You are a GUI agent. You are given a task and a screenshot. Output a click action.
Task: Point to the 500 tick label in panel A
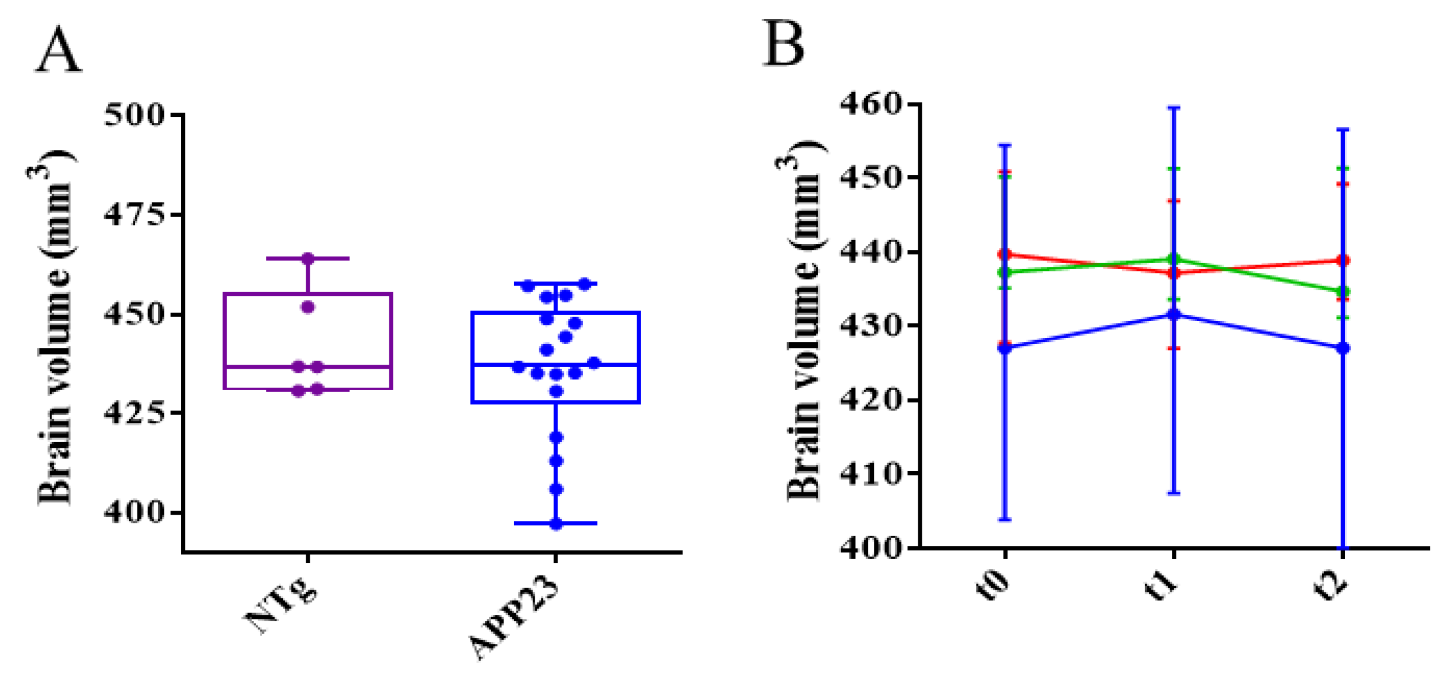(135, 115)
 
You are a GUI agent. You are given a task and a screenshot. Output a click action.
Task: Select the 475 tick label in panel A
(135, 215)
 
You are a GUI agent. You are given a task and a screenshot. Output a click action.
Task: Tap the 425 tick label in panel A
(135, 413)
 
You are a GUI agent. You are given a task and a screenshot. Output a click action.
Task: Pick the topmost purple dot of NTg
(308, 259)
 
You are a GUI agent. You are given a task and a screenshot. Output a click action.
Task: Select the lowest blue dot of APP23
(556, 524)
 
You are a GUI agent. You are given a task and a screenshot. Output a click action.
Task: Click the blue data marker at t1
(1174, 314)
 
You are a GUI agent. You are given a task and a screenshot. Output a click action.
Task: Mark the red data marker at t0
(1005, 254)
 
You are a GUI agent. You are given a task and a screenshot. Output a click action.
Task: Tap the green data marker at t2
(1343, 291)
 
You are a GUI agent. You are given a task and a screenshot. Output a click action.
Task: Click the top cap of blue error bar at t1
(1174, 108)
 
